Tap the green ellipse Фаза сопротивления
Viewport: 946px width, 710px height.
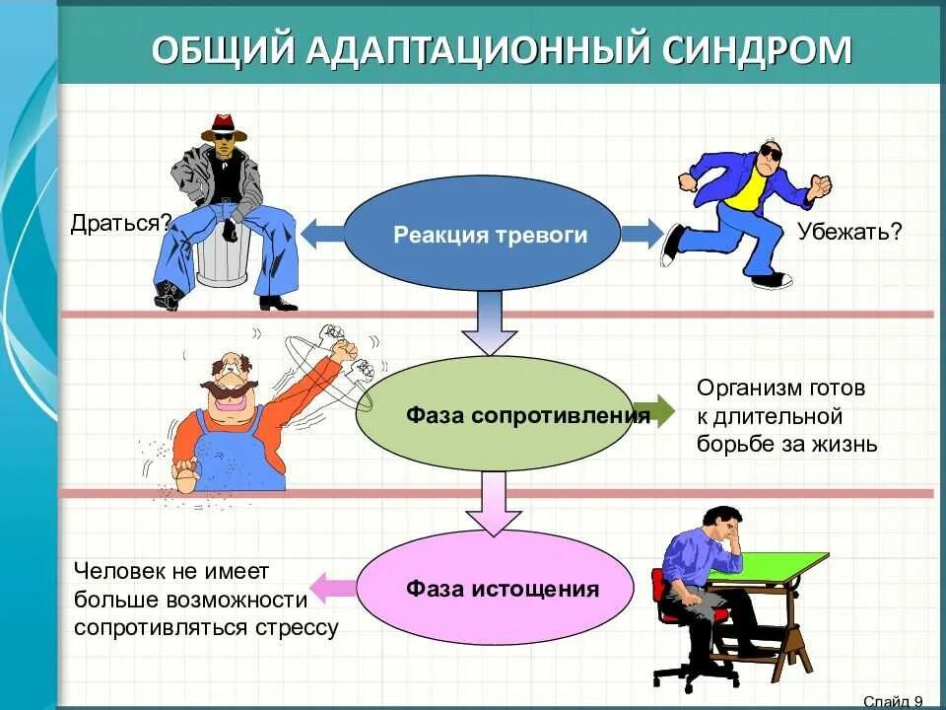coord(503,414)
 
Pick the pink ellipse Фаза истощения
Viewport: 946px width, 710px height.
coord(493,590)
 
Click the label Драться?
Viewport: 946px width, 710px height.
coord(115,223)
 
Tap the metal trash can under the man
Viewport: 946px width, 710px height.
coord(222,258)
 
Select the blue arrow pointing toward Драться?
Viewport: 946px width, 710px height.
coord(320,235)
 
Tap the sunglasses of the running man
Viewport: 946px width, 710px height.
coord(769,154)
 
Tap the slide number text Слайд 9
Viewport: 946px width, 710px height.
coord(893,700)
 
